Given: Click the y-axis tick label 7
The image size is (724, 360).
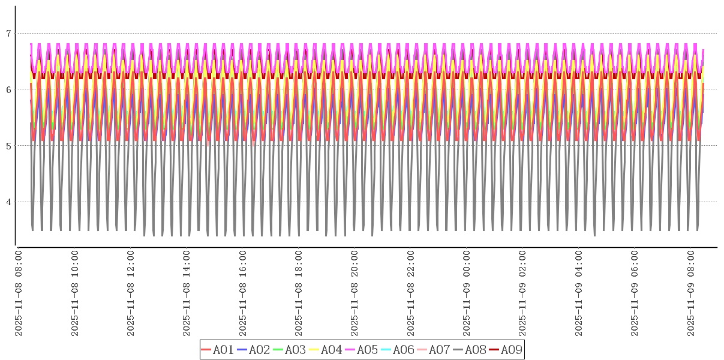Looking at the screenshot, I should (8, 34).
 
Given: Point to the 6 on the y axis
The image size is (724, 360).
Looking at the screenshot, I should (8, 89).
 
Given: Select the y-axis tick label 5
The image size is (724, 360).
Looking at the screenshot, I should (8, 146).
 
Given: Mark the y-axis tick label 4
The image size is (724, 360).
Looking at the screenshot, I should (8, 202).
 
